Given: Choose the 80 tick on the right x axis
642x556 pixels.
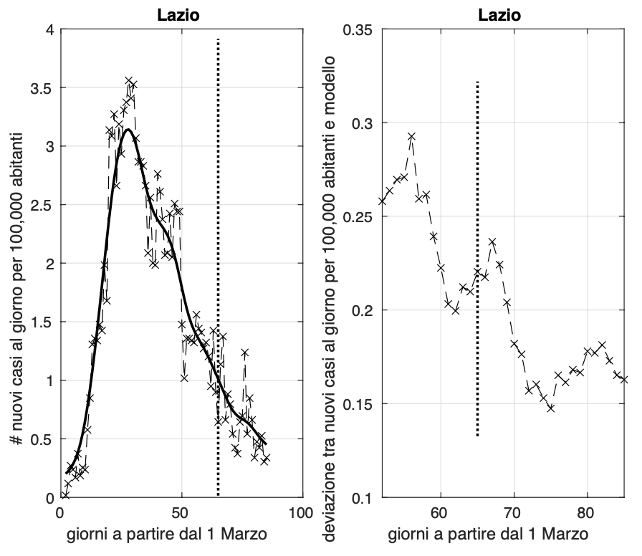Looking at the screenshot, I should pos(587,514).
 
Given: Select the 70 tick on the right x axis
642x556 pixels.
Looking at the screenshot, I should pos(513,514).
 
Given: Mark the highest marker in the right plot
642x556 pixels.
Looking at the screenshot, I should pos(411,136).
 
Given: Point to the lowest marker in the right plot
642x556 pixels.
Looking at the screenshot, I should pos(550,408).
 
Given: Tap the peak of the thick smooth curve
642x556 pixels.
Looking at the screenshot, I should pos(128,130).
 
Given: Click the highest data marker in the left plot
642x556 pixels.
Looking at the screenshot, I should pos(128,81).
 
